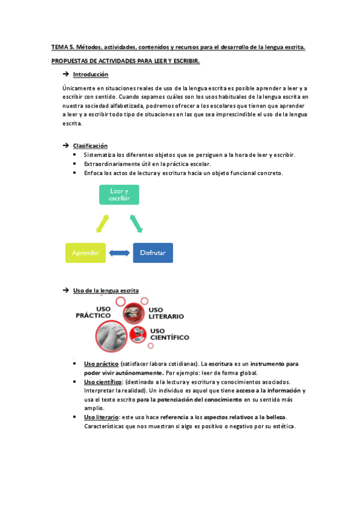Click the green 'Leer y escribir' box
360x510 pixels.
pos(119,194)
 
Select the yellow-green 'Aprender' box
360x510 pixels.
pos(85,253)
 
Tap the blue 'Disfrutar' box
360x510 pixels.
pos(153,253)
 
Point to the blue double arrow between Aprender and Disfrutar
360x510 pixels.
pos(119,253)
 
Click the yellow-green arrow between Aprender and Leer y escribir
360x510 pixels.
pos(103,223)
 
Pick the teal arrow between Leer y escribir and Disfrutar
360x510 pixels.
pos(136,223)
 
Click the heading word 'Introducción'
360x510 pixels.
pos(90,75)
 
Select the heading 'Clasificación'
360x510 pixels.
pos(90,146)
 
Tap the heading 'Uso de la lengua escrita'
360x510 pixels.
pos(106,290)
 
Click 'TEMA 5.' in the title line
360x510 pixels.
pos(62,48)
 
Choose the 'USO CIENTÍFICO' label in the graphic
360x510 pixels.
pos(169,334)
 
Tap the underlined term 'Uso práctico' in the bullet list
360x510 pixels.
pos(101,364)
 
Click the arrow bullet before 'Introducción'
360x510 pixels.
pos(65,75)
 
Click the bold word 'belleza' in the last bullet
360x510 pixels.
pos(274,417)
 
